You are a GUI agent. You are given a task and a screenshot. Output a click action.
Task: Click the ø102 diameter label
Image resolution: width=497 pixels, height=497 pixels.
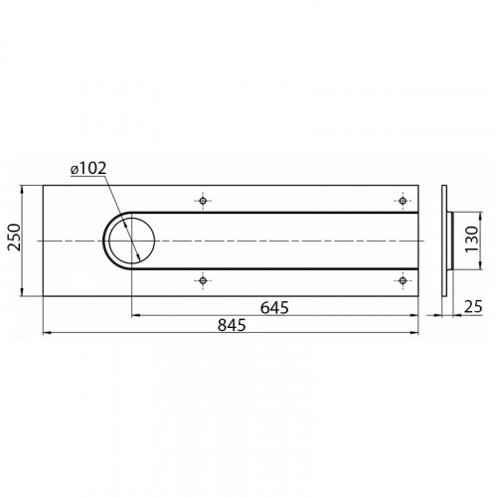88,168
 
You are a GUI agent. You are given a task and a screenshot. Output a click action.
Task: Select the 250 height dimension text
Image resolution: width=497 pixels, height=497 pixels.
14,238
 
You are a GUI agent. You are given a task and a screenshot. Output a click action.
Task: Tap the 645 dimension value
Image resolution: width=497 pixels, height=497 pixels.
274,308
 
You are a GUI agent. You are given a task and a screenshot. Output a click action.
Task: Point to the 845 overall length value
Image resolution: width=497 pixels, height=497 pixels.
232,325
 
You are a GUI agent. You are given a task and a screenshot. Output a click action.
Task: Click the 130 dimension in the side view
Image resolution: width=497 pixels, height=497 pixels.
472,239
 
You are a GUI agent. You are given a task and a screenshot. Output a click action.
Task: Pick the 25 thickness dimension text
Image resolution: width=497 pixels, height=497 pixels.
473,307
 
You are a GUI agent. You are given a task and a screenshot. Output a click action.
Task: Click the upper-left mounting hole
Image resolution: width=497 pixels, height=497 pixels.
203,201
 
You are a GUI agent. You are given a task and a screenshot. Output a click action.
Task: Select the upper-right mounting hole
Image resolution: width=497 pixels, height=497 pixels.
403,201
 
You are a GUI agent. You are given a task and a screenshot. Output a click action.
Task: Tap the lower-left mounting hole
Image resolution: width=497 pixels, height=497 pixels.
203,280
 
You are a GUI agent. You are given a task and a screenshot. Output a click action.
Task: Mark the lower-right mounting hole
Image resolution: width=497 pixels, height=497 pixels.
403,280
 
